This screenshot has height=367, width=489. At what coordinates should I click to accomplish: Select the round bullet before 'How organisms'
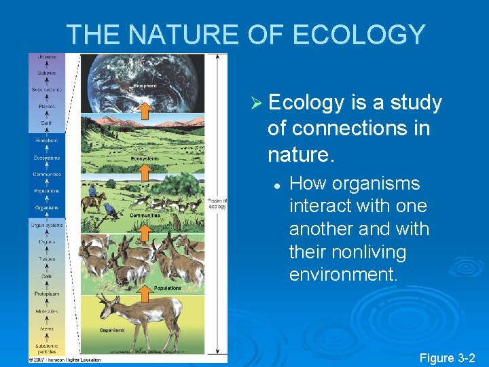pos(277,185)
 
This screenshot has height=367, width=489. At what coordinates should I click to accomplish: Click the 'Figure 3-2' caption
pos(448,357)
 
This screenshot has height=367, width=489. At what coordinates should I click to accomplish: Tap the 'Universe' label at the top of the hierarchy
pos(47,56)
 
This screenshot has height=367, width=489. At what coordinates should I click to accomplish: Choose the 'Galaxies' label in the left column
pos(47,73)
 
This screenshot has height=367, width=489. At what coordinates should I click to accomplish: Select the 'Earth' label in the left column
pos(47,123)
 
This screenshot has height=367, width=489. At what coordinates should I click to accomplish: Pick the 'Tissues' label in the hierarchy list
pos(47,258)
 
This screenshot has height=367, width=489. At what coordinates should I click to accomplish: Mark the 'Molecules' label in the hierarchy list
pos(47,311)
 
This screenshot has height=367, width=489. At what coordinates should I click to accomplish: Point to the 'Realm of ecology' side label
pos(217,203)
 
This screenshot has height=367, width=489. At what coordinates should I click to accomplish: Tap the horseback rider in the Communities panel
pos(93,196)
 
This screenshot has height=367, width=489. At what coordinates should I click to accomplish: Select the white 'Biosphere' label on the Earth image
pos(144,86)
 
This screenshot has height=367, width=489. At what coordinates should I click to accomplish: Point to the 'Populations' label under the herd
pos(168,288)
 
